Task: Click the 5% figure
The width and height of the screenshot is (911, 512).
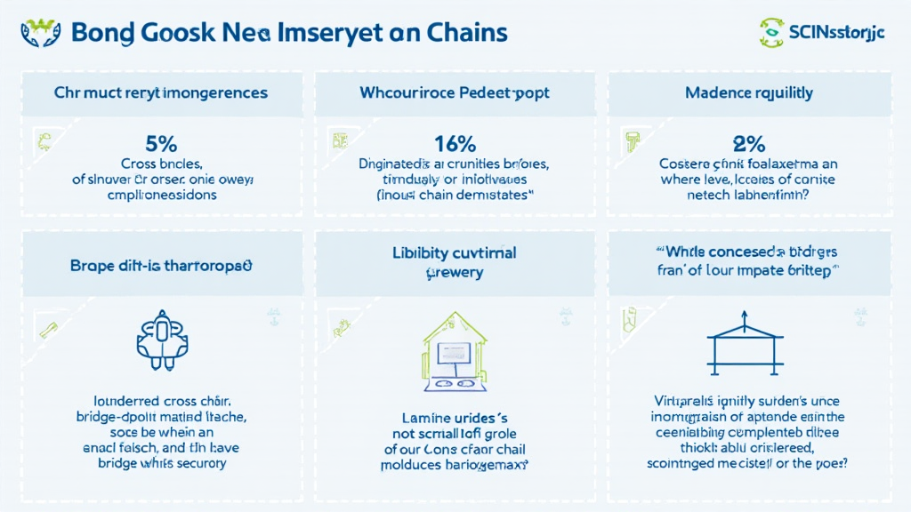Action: tap(162, 144)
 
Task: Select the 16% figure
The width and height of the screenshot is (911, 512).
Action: tap(455, 143)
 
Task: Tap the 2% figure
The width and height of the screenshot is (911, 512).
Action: tap(749, 144)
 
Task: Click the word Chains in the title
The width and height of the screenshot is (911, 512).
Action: tap(459, 34)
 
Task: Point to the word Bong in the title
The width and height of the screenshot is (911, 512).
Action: tap(102, 34)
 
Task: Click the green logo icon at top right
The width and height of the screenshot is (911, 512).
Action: tap(770, 33)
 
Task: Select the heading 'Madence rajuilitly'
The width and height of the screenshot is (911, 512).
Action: tap(749, 92)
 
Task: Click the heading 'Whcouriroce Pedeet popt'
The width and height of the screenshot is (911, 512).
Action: tap(455, 92)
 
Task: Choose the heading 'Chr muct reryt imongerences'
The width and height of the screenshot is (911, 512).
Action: tap(161, 92)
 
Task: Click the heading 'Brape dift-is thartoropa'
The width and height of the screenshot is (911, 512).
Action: tap(161, 266)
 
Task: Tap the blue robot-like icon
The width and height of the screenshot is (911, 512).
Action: tap(161, 340)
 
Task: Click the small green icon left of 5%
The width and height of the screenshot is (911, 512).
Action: tap(42, 140)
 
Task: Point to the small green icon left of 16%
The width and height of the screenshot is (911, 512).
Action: tap(338, 140)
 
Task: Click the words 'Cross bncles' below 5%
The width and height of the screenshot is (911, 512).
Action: tap(162, 164)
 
